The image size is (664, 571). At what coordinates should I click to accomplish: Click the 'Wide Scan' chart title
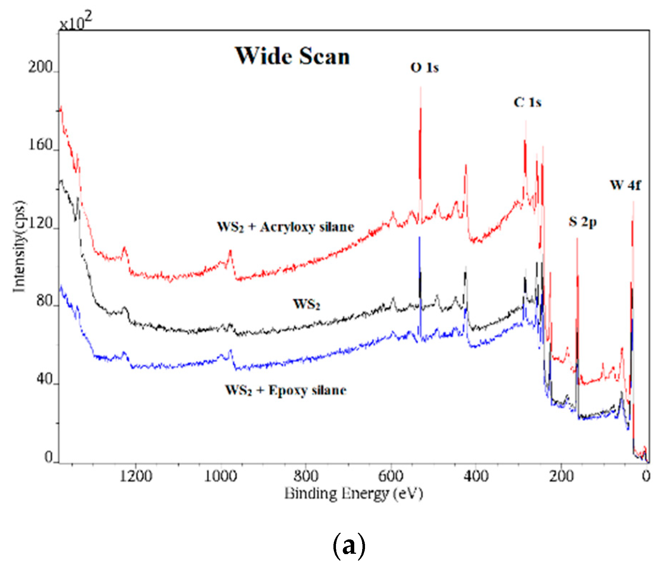click(292, 56)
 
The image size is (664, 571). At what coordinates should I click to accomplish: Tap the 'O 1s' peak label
click(424, 68)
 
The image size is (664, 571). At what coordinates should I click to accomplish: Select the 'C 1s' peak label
click(527, 103)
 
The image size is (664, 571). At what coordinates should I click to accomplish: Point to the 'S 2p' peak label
click(583, 222)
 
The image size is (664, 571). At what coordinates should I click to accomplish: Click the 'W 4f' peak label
click(625, 185)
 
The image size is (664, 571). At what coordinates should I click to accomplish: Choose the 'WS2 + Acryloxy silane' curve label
click(285, 227)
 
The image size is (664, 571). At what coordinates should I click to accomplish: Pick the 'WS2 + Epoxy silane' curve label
click(286, 390)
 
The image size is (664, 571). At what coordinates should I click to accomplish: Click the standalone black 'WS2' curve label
click(307, 305)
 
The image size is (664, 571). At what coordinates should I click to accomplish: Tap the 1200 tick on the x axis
click(136, 476)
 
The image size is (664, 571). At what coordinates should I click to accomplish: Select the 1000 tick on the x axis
click(220, 476)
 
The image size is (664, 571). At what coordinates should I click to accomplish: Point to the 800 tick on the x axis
click(305, 476)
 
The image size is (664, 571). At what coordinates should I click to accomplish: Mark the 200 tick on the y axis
click(40, 68)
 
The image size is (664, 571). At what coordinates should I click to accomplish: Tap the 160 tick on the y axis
click(40, 145)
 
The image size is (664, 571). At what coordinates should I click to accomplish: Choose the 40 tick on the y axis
click(44, 380)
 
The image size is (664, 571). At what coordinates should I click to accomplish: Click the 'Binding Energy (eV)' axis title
click(354, 493)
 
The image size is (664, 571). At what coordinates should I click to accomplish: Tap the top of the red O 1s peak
click(420, 88)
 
